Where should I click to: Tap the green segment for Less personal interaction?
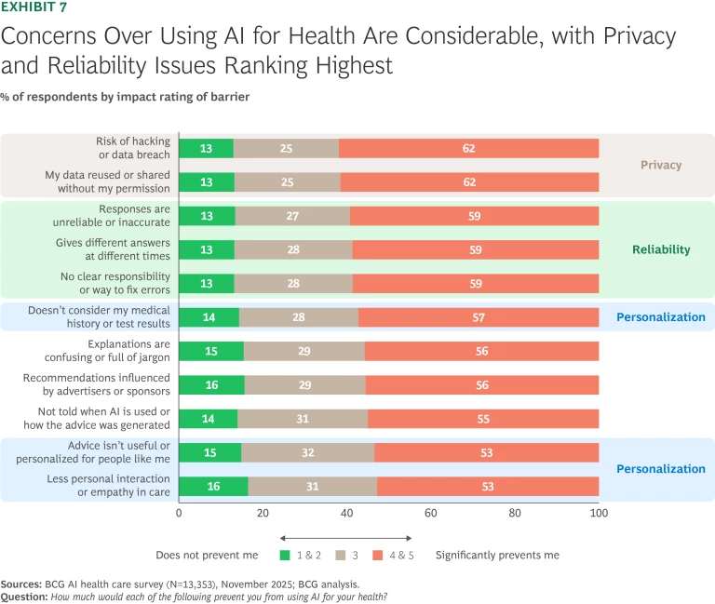(x=213, y=486)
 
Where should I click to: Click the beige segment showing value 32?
(x=307, y=452)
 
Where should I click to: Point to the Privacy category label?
(x=661, y=165)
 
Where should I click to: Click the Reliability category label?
(x=661, y=249)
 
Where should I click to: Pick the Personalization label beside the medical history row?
(x=661, y=317)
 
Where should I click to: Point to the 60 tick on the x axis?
(x=431, y=512)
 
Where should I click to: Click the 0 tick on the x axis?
(x=179, y=512)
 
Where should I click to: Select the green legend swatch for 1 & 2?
(x=285, y=556)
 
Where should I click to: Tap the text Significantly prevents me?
(x=497, y=556)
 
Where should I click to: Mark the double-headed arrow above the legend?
(x=346, y=537)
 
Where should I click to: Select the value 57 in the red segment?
(x=478, y=317)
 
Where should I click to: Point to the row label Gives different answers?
(x=122, y=249)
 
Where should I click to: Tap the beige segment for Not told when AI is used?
(x=302, y=419)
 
